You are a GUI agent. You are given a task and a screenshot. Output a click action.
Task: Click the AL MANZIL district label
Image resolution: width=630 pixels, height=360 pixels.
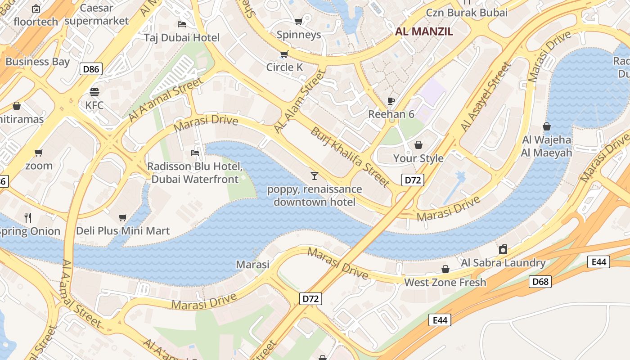[424, 31]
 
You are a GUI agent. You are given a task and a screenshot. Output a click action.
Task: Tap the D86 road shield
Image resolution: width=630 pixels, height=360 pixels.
[91, 69]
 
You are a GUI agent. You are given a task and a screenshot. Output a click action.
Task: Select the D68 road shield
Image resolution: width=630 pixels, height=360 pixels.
[540, 282]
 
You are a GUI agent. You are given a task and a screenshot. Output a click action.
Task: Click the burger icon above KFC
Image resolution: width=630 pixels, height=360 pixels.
[94, 92]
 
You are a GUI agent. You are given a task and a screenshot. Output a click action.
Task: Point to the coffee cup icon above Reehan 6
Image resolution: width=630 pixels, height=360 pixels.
[391, 101]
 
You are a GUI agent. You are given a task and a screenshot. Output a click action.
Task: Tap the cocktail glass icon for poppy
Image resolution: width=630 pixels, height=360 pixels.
[315, 175]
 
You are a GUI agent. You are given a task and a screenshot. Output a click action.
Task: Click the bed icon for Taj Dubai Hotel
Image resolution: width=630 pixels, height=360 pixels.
[182, 24]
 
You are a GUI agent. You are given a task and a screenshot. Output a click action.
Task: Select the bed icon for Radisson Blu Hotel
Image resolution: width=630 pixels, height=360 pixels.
[195, 153]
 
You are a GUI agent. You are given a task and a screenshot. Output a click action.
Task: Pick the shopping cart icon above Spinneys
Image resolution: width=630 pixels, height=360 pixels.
[298, 21]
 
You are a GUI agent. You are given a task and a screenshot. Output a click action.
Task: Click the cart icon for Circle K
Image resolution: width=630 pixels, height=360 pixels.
[284, 54]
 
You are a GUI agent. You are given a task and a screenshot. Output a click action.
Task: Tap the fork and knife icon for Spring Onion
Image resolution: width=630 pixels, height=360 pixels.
[28, 218]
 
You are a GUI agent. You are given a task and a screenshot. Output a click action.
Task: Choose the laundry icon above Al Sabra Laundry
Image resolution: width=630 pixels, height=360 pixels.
[503, 249]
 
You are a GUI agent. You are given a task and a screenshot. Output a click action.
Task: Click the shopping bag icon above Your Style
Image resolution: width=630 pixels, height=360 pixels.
[418, 145]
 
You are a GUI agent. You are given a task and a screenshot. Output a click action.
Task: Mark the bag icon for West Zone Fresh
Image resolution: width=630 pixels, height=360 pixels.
[445, 269]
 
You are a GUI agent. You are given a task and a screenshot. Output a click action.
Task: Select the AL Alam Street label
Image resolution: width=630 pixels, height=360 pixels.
[300, 101]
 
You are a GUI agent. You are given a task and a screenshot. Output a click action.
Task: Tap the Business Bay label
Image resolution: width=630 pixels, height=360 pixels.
[37, 62]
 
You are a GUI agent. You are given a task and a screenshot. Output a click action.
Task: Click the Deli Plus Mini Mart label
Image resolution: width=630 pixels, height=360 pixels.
[123, 231]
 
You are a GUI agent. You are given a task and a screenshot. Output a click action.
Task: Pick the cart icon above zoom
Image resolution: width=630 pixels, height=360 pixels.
[39, 153]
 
